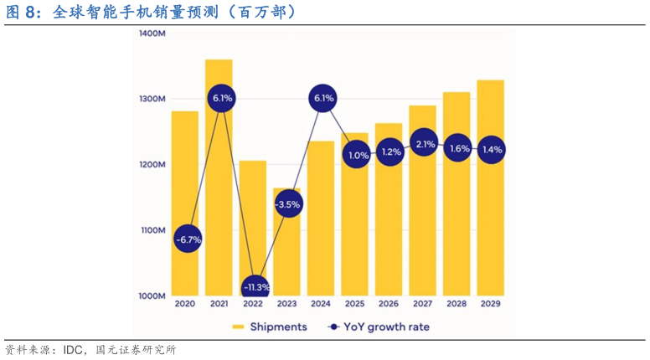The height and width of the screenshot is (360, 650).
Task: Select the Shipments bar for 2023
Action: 287,251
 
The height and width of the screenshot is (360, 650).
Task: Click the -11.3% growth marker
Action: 255,287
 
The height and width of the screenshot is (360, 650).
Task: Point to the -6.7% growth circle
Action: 188,239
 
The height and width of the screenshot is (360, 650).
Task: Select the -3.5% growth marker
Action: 287,204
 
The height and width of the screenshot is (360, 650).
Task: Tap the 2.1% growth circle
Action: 425,144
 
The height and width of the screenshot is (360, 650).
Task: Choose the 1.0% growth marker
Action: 358,155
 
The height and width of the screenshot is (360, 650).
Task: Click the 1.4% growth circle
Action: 492,150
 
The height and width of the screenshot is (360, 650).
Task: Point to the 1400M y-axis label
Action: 151,33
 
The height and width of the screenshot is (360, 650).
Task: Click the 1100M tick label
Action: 152,230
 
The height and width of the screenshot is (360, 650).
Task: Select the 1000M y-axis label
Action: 152,296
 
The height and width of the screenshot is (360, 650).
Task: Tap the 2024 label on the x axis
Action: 322,305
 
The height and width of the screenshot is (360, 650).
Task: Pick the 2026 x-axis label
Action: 389,305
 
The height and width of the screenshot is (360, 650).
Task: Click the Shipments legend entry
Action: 269,327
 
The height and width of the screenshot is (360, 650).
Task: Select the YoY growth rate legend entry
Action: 379,327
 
